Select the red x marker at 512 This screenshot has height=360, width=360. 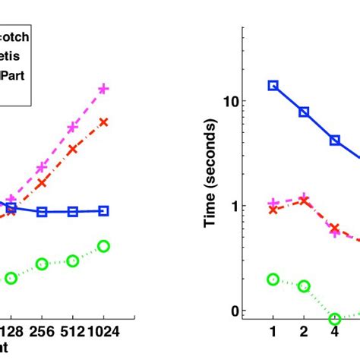pyautogui.click(x=73, y=150)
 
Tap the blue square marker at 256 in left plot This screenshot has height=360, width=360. pyautogui.click(x=42, y=212)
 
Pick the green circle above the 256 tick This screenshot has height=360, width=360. pyautogui.click(x=42, y=264)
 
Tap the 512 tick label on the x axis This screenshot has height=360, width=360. pyautogui.click(x=73, y=332)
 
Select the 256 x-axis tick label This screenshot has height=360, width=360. pyautogui.click(x=42, y=332)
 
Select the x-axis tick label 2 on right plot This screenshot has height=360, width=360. pyautogui.click(x=304, y=332)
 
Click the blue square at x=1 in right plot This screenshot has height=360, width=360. pyautogui.click(x=273, y=86)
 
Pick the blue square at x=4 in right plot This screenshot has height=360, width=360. pyautogui.click(x=335, y=141)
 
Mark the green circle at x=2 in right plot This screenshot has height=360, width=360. pyautogui.click(x=304, y=286)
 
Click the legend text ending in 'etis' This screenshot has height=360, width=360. pyautogui.click(x=12, y=55)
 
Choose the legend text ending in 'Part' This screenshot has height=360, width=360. pyautogui.click(x=14, y=75)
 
